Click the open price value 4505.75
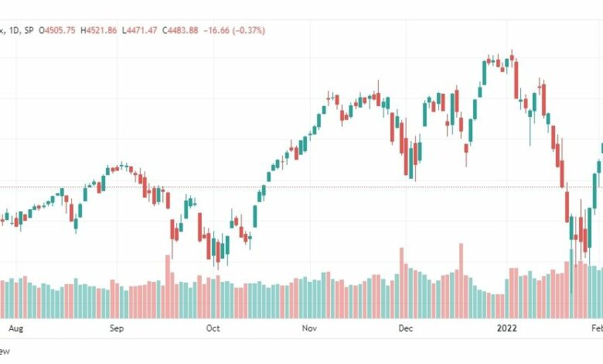[x=62, y=30]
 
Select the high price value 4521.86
[x=105, y=30]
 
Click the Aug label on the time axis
[x=15, y=328]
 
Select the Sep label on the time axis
[x=116, y=328]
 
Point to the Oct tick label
[x=213, y=328]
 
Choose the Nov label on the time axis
[x=309, y=328]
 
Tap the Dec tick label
[x=406, y=328]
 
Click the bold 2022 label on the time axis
[x=507, y=328]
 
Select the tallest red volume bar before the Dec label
[x=401, y=283]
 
